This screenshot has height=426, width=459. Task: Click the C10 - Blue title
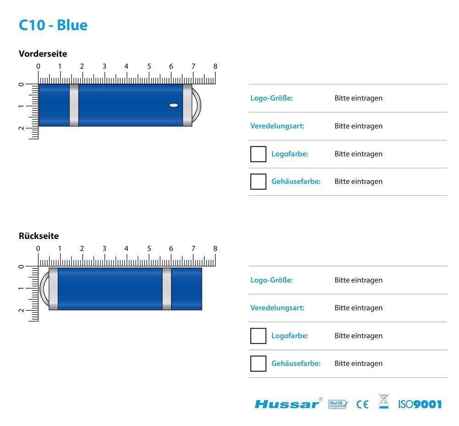click(x=53, y=25)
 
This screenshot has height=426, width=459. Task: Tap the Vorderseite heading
click(x=43, y=54)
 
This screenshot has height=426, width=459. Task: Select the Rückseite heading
click(x=39, y=236)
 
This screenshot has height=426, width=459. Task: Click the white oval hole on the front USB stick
click(x=174, y=105)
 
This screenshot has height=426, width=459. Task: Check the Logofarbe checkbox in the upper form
click(x=258, y=154)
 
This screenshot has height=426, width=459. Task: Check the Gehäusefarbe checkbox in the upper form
click(x=258, y=182)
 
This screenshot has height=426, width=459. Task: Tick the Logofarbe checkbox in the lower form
click(x=258, y=336)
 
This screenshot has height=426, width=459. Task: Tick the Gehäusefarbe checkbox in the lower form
click(x=258, y=364)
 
